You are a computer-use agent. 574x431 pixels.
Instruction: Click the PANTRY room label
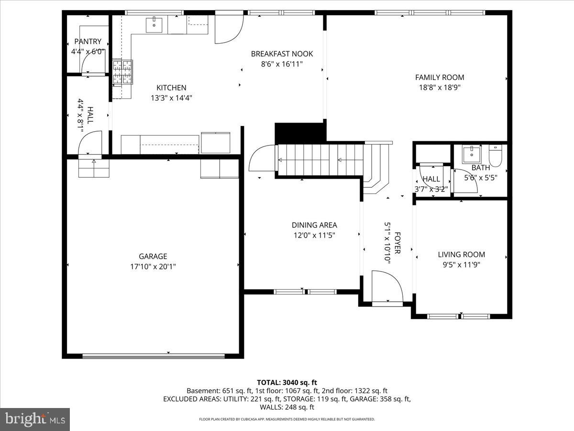click(x=88, y=42)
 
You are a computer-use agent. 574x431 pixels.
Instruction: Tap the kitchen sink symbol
click(x=155, y=25)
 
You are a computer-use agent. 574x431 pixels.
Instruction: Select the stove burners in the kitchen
click(x=122, y=72)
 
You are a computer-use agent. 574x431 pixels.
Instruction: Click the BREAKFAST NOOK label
click(x=282, y=54)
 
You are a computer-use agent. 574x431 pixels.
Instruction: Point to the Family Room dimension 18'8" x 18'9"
click(x=440, y=87)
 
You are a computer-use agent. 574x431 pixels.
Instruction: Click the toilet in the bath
click(x=495, y=157)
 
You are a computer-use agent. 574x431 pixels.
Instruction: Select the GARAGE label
click(x=153, y=256)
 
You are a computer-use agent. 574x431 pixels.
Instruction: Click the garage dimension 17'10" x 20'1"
click(x=153, y=266)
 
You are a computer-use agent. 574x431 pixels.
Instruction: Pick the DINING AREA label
click(x=314, y=225)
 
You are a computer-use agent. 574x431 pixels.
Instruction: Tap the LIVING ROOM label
click(x=461, y=254)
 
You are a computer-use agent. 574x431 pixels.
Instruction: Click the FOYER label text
click(x=397, y=243)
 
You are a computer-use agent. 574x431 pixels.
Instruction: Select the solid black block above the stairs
click(x=299, y=132)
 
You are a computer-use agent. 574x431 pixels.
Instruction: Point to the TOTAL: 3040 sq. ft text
click(x=287, y=382)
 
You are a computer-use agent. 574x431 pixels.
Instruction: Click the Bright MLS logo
click(x=35, y=419)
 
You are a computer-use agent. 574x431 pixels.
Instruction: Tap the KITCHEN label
click(x=171, y=88)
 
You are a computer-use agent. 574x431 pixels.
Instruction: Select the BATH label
click(x=480, y=168)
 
